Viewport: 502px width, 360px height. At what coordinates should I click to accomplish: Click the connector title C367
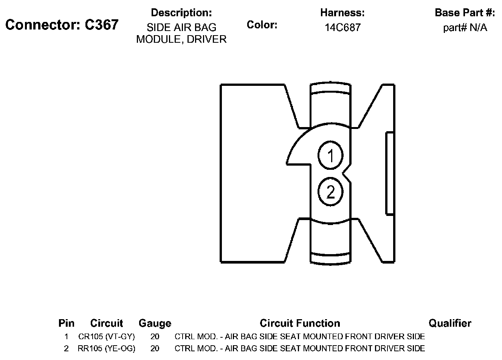pos(62,25)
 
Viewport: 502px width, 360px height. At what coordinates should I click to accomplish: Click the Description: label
pos(181,12)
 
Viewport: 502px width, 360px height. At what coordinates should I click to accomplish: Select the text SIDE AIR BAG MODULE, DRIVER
pos(181,33)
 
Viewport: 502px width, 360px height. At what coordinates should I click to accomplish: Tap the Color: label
pos(262,25)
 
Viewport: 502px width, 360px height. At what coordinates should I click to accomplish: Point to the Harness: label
pos(342,12)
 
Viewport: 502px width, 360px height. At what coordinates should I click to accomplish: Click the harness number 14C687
pos(342,28)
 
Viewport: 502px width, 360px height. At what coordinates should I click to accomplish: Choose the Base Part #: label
pos(465,12)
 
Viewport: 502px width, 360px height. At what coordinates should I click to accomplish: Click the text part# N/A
pos(465,28)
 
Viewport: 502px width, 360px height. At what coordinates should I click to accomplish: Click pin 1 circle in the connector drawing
pos(331,155)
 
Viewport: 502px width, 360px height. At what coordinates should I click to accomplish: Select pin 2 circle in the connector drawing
pos(331,192)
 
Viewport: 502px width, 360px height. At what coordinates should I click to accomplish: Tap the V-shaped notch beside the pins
pos(346,174)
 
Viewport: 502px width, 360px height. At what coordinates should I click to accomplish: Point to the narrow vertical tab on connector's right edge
pos(390,174)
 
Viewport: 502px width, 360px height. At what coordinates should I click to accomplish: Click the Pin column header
pos(67,323)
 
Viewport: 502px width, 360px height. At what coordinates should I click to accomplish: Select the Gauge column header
pos(155,323)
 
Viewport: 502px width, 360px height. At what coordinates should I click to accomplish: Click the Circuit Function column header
pos(300,323)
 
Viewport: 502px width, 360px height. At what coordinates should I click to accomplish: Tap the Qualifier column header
pos(450,323)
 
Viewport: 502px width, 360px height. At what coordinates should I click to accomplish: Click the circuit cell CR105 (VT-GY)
pos(107,337)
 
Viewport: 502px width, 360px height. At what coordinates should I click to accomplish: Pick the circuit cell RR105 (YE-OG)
pos(107,348)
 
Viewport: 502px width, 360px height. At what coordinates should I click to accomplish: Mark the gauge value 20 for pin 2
pos(155,348)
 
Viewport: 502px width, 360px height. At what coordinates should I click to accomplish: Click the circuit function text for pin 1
pos(300,337)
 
